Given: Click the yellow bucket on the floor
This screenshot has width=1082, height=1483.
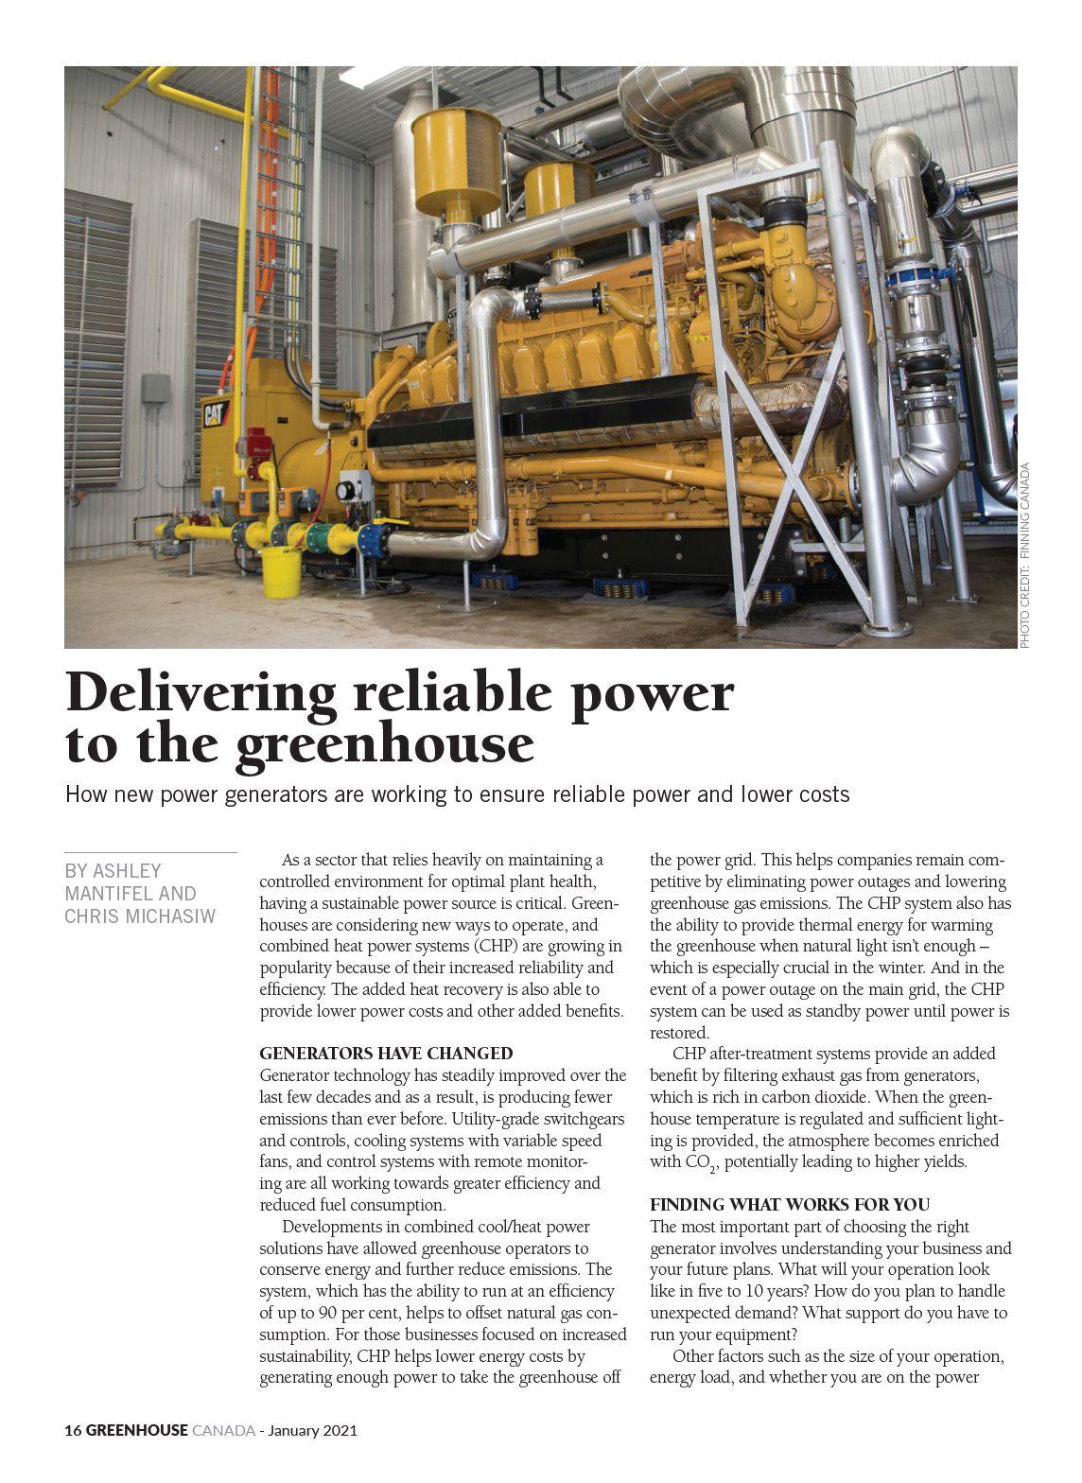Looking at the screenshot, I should (x=281, y=572).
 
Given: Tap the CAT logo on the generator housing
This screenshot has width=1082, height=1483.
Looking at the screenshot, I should (x=217, y=412).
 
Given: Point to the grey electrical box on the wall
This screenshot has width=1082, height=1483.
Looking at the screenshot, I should (x=156, y=396).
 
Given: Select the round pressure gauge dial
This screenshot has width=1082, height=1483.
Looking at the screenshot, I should (x=345, y=490).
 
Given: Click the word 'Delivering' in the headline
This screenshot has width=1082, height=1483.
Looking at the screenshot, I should (x=201, y=693).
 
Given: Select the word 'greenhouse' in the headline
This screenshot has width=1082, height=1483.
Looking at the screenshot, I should (x=384, y=744).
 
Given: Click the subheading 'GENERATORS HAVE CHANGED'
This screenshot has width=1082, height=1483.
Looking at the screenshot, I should (x=386, y=1054).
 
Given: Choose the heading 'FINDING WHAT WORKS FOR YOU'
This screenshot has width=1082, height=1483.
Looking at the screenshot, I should (x=790, y=1205).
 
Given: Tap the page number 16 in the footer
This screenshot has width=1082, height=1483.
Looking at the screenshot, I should (x=73, y=1431).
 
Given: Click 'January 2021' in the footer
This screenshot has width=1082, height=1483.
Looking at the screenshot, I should (x=313, y=1431).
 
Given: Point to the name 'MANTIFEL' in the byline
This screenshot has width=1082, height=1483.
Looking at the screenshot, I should (x=104, y=894).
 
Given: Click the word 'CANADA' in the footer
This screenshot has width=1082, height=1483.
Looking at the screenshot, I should (x=223, y=1431).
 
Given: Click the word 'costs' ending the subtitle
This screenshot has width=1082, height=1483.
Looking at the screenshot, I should (x=822, y=794).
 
